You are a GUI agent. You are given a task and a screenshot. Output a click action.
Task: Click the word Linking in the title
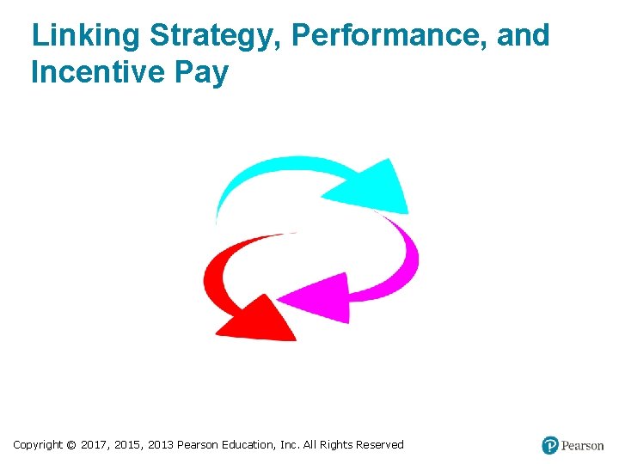(86, 37)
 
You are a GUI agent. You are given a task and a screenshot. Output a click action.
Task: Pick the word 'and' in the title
(521, 36)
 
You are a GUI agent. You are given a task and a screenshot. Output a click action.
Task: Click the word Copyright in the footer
(38, 445)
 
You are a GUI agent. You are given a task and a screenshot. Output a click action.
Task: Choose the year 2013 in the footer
(160, 445)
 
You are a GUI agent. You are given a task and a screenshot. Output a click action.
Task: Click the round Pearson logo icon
(550, 445)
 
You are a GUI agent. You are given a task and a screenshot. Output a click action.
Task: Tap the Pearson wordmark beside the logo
(583, 445)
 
